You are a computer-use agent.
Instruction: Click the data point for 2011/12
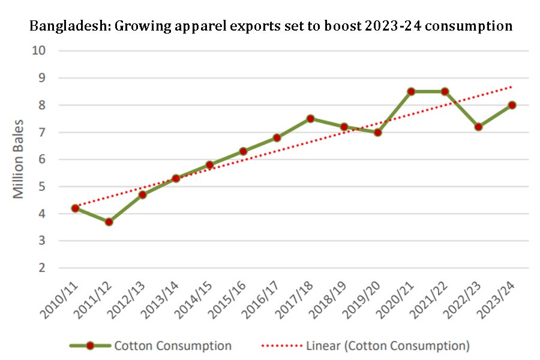pyautogui.click(x=109, y=222)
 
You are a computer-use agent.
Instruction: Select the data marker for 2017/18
pyautogui.click(x=310, y=119)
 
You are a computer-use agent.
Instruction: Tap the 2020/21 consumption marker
pyautogui.click(x=411, y=92)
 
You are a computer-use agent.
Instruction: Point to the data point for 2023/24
pyautogui.click(x=512, y=105)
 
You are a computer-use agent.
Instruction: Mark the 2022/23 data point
pyautogui.click(x=478, y=127)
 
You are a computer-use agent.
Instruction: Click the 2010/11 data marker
pyautogui.click(x=75, y=208)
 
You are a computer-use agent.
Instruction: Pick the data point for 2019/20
pyautogui.click(x=377, y=133)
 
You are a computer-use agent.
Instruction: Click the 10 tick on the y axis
pyautogui.click(x=39, y=50)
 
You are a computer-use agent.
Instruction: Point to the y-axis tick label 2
pyautogui.click(x=42, y=268)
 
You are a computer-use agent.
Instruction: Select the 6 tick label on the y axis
pyautogui.click(x=42, y=160)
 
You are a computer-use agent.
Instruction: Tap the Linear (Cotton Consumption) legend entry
pyautogui.click(x=387, y=346)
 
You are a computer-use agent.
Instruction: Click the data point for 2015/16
pyautogui.click(x=243, y=151)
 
